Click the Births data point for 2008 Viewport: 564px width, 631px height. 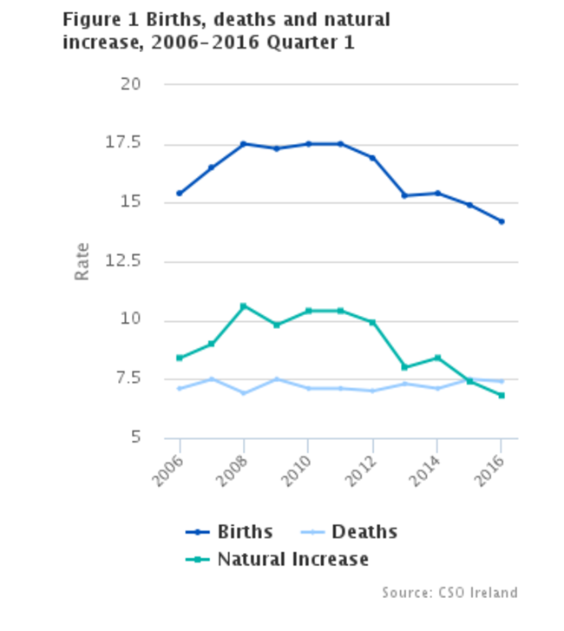pos(244,144)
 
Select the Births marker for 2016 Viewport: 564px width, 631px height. pos(502,221)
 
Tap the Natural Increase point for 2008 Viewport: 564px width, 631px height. pos(244,306)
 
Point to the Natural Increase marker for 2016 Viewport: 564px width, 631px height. pos(502,396)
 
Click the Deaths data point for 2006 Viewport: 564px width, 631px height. pos(180,388)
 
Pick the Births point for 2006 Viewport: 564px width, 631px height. pos(180,194)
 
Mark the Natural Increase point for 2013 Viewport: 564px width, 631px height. pos(405,367)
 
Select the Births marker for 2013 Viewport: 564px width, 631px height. pos(405,195)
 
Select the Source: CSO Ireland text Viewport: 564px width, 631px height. pos(449,593)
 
